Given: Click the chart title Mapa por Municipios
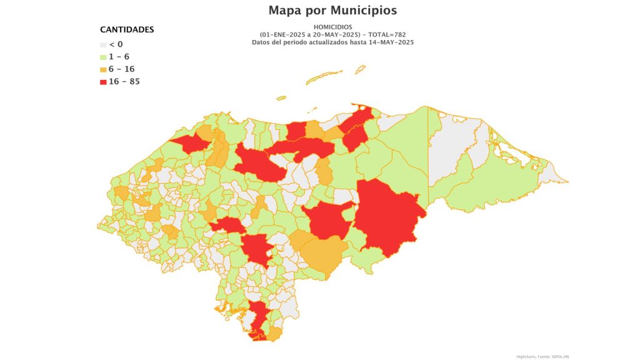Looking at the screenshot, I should coord(332,11).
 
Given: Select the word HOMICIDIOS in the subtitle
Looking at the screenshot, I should coord(332,27).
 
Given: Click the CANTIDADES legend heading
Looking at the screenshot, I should coord(127,29).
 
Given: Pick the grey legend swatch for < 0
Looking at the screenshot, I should coord(104,44).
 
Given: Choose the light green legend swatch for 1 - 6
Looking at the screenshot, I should coord(104,57).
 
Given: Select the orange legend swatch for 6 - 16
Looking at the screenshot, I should coord(104,69).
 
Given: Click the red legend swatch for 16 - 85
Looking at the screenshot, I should coord(104,82).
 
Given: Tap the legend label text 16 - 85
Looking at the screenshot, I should coord(124,82).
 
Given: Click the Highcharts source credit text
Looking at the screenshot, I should coord(542,356).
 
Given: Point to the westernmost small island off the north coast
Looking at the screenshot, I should coord(281,97).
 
